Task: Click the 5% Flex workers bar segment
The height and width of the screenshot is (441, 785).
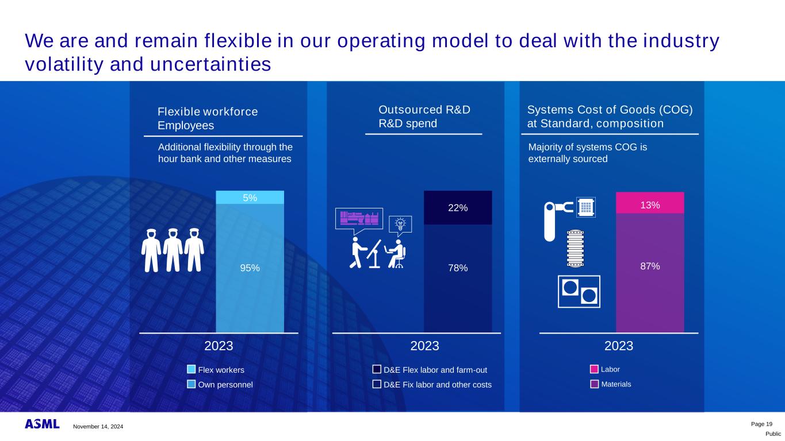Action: click(x=250, y=198)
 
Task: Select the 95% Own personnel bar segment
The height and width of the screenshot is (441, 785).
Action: click(x=250, y=268)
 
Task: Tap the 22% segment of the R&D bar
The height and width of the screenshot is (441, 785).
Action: click(x=458, y=207)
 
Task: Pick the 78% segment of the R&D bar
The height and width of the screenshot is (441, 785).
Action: click(x=458, y=278)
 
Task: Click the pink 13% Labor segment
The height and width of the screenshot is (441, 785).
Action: click(x=650, y=203)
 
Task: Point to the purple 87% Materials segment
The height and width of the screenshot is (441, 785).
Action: click(x=650, y=273)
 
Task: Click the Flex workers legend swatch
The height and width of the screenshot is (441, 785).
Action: click(x=192, y=369)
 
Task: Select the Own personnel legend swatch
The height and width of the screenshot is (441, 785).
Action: click(x=192, y=384)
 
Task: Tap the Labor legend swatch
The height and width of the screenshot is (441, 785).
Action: click(x=595, y=369)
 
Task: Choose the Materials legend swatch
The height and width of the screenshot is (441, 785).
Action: click(x=595, y=384)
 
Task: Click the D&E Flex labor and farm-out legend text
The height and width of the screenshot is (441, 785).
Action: click(x=435, y=370)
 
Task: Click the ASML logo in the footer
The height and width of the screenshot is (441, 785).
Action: click(x=42, y=424)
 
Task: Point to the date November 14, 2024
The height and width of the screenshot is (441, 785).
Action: click(x=98, y=427)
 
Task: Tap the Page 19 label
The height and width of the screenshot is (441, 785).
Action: click(x=761, y=424)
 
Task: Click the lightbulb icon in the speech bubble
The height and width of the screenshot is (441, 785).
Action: click(x=400, y=223)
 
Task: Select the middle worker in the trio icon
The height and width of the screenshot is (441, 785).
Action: click(x=173, y=250)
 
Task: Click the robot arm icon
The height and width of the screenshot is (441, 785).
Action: click(x=558, y=221)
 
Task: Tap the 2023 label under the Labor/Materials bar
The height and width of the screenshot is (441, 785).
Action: click(x=619, y=346)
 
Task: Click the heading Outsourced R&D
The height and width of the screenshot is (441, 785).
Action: click(x=424, y=110)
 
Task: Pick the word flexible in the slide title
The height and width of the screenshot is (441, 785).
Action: click(x=238, y=41)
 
